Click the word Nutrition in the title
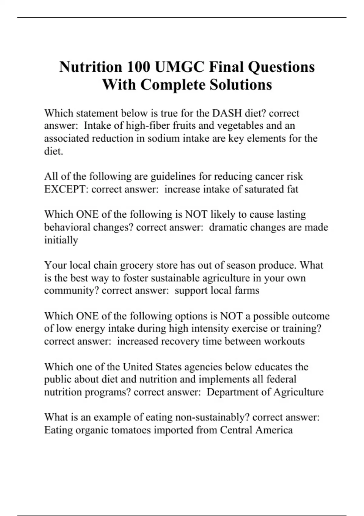pyautogui.click(x=90, y=67)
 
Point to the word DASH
pyautogui.click(x=227, y=113)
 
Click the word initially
pyautogui.click(x=61, y=240)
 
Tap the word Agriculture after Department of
pyautogui.click(x=298, y=392)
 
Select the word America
pyautogui.click(x=274, y=430)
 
